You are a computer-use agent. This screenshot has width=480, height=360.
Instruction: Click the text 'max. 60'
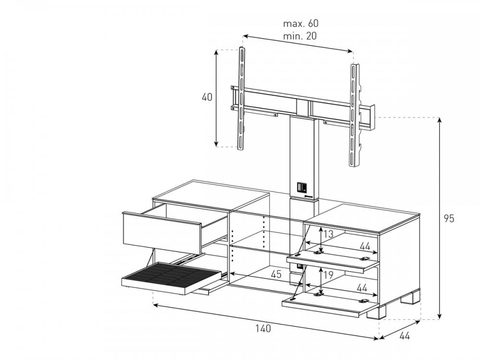[300, 23]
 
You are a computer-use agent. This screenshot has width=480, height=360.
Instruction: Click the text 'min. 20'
[300, 36]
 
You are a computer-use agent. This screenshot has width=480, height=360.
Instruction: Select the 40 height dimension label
[207, 97]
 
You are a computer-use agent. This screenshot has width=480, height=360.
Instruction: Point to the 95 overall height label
[449, 218]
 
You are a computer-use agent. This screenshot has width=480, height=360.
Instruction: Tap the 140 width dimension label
[263, 328]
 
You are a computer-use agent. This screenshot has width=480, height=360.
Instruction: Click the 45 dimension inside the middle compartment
[276, 274]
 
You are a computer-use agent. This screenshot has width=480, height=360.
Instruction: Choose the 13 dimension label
[328, 234]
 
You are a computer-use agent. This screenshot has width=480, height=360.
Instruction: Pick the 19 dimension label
[328, 275]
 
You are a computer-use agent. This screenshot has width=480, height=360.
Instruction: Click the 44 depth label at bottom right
[405, 336]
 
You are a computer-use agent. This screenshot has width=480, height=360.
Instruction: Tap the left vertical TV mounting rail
[241, 98]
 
